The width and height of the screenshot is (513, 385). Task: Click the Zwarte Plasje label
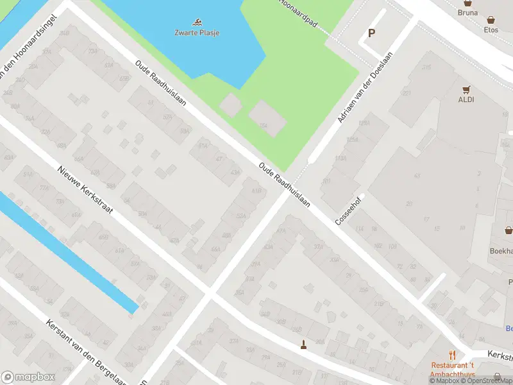[197, 32]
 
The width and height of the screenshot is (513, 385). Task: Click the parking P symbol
[371, 33]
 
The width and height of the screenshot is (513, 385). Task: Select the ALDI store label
[466, 99]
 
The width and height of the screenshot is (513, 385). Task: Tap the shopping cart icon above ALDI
[466, 89]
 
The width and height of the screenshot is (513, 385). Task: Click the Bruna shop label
[468, 12]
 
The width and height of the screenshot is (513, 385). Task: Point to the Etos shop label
[491, 30]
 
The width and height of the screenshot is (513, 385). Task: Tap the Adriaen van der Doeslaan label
[364, 88]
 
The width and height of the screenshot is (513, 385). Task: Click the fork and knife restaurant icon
[453, 354]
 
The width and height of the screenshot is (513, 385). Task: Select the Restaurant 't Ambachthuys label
[453, 368]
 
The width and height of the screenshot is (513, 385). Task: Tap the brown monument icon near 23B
[303, 346]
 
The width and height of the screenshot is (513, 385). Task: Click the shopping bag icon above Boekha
[509, 230]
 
